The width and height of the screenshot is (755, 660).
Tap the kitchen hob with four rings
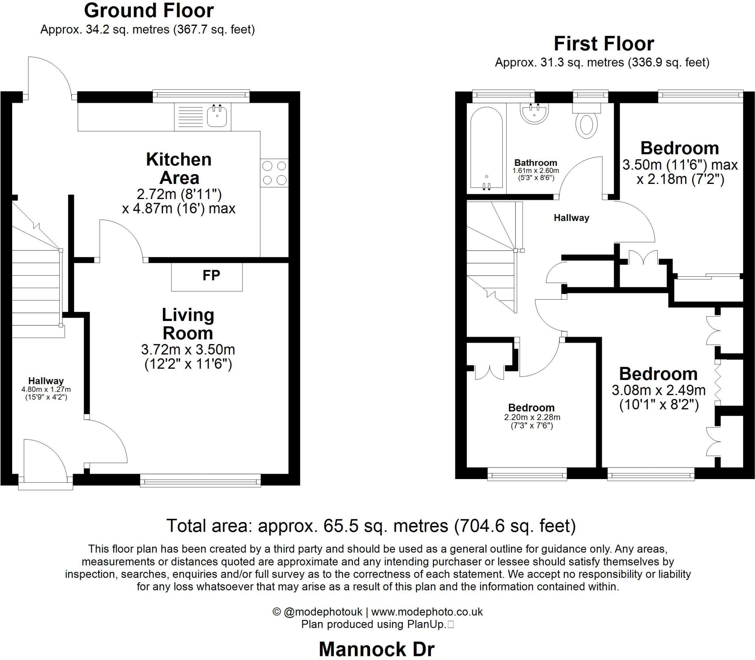pos(274,173)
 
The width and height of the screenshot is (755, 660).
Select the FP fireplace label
pos(211,275)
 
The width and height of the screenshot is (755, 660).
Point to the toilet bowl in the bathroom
pos(587,125)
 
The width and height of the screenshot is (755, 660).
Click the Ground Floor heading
pos(149,11)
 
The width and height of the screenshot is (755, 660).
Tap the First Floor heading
pos(603,44)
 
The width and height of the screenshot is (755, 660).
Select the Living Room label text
pos(188,324)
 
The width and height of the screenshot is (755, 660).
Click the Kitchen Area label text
pos(179,168)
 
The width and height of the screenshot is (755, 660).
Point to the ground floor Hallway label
pos(46,381)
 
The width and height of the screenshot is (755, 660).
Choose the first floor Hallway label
pos(571,218)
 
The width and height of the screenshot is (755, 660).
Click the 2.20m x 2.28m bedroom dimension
pos(532,417)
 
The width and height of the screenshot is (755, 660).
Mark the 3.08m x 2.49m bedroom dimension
pos(658,390)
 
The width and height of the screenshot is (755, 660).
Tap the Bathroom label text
pos(535,163)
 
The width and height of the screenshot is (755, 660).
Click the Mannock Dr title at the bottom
pos(376,649)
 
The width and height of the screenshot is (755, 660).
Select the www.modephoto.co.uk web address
pos(427,612)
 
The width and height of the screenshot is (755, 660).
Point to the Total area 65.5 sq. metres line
pos(371,525)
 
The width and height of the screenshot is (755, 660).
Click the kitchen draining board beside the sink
pos(190,116)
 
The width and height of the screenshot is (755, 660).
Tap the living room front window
pos(200,481)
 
